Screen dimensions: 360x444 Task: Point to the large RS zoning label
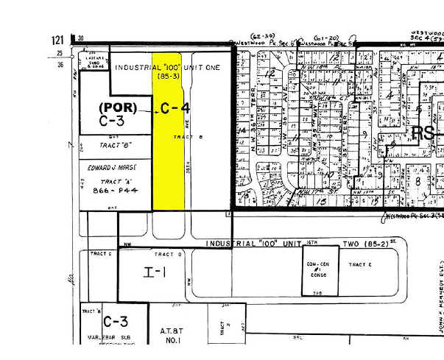423,133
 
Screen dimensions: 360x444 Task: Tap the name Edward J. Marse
113,168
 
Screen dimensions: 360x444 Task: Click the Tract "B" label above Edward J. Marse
113,147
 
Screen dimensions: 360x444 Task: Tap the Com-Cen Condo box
317,269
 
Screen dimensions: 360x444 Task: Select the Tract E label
362,264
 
